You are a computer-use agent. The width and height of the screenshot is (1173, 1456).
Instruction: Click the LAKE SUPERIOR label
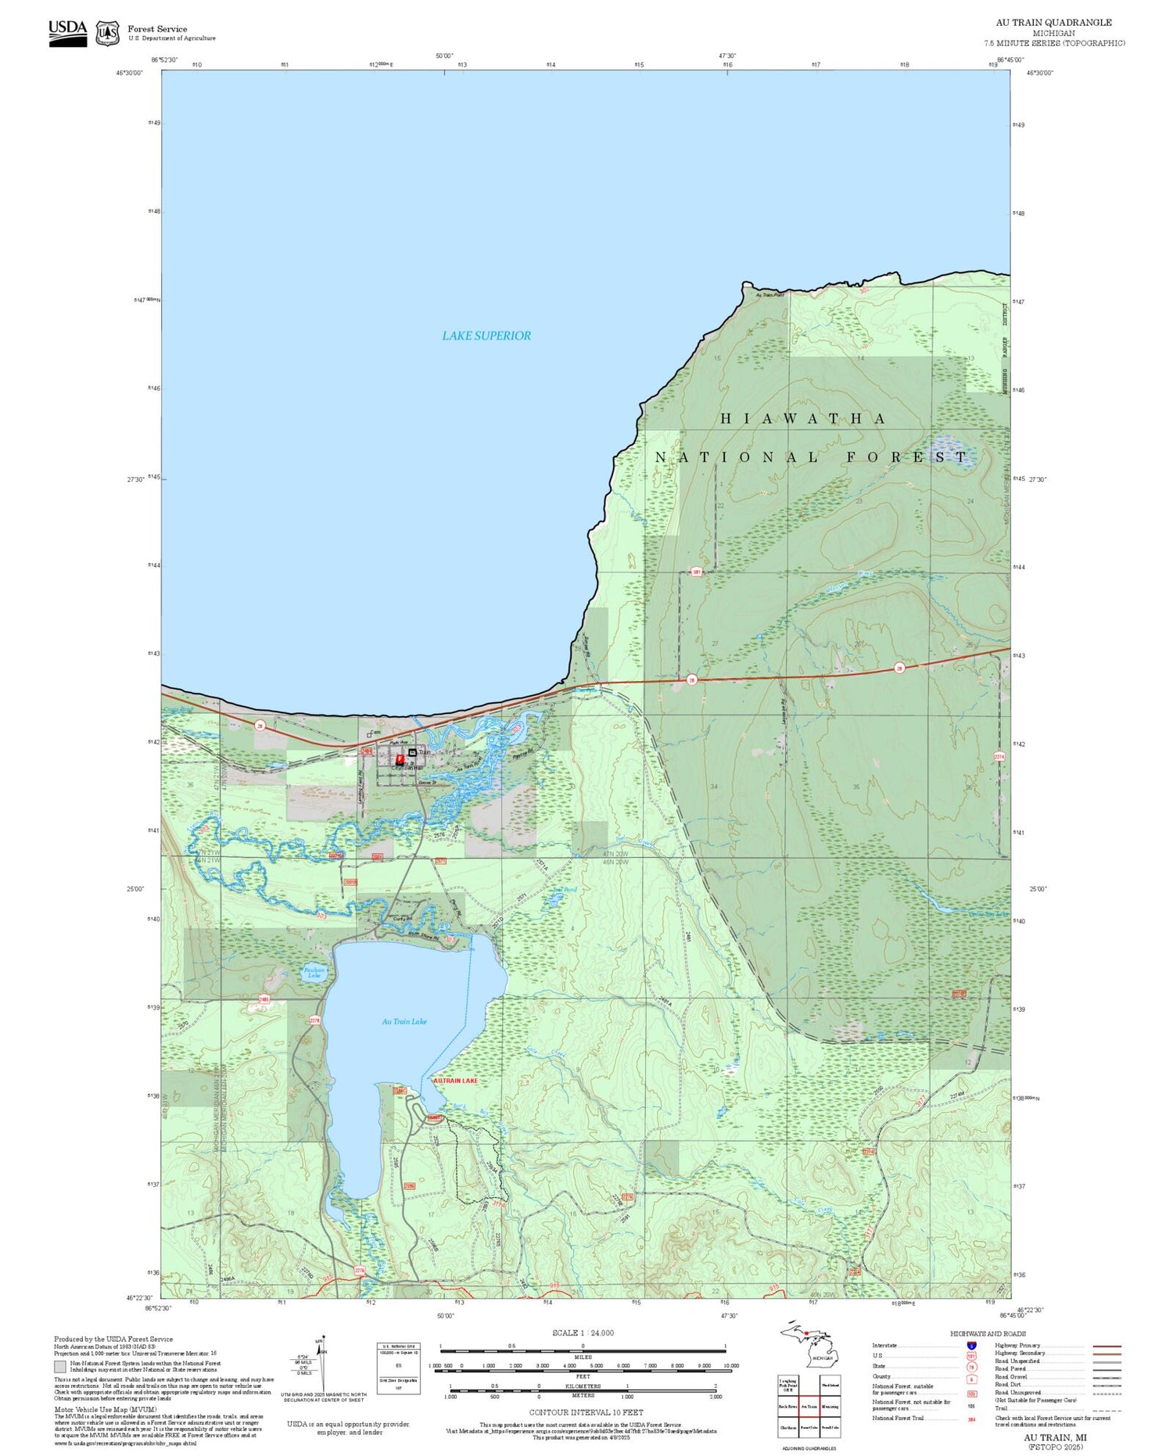pos(486,335)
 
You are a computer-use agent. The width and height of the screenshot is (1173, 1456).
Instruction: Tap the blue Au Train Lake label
pos(404,1021)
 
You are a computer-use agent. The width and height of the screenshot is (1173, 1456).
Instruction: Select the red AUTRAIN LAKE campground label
pos(455,1081)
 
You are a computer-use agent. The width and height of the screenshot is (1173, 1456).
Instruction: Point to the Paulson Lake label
pos(314,973)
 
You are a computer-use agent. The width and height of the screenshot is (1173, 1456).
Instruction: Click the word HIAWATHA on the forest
pos(802,419)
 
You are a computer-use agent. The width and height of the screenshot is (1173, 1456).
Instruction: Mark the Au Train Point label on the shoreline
pos(769,295)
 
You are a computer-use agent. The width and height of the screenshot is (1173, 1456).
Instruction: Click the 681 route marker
pos(696,572)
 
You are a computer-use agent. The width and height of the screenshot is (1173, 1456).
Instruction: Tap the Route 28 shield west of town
pos(260,726)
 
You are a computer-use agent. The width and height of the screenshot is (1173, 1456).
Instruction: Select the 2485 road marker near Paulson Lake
pos(264,999)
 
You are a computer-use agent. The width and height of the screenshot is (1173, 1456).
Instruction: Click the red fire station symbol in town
pos(400,760)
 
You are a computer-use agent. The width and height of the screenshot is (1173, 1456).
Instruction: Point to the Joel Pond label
pos(565,890)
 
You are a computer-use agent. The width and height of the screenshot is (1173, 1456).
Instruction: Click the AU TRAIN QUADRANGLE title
pos(1053,23)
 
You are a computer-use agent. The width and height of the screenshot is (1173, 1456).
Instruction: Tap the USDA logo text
pos(67,28)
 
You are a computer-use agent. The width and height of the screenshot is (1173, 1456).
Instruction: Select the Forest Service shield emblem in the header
pos(107,33)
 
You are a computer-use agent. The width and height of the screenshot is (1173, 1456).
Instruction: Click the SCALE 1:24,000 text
pos(583,1332)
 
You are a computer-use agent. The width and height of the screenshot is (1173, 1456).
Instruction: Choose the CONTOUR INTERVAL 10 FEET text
pos(586,1412)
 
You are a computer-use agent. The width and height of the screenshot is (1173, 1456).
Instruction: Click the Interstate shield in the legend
pos(970,1345)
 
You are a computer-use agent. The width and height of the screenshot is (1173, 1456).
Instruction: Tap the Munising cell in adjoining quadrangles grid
pos(830,1406)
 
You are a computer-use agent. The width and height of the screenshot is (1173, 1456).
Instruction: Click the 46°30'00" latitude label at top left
pos(131,73)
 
